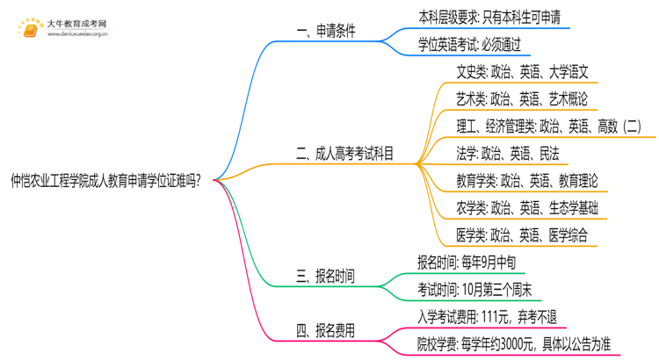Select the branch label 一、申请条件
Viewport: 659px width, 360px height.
point(326,32)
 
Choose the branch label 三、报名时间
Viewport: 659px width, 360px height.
point(326,276)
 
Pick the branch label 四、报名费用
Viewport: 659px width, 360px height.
point(326,330)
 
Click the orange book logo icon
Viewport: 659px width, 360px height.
point(28,30)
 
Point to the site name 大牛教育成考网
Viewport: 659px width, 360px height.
point(76,24)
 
